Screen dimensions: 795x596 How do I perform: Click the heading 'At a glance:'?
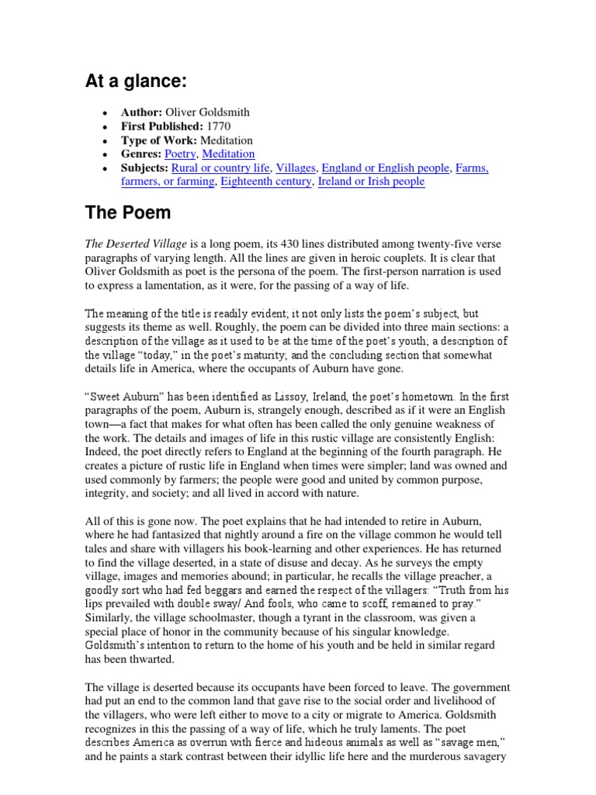(x=136, y=82)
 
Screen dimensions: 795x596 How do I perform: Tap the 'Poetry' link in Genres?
(x=180, y=154)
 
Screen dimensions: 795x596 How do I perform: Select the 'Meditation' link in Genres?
(x=228, y=154)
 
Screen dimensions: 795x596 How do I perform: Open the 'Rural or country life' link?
(x=220, y=168)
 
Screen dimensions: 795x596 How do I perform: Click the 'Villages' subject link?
(x=296, y=168)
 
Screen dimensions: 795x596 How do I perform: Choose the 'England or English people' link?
(x=386, y=168)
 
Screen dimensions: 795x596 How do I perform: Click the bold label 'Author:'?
(x=141, y=112)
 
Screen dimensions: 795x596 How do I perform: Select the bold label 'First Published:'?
(x=161, y=126)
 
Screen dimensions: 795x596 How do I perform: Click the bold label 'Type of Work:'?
(x=158, y=140)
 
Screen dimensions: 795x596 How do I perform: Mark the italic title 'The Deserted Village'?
(x=136, y=245)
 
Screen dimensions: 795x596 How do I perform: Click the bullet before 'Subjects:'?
(x=104, y=168)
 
